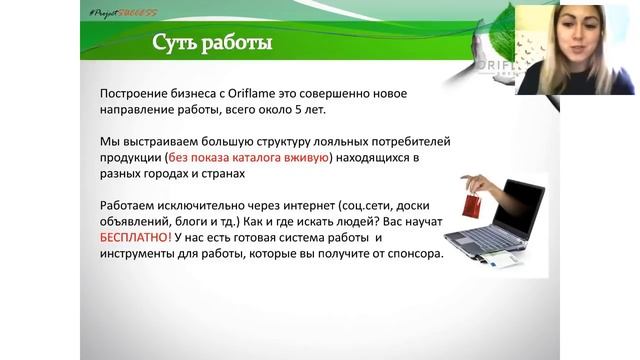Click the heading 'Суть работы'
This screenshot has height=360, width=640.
211,45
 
